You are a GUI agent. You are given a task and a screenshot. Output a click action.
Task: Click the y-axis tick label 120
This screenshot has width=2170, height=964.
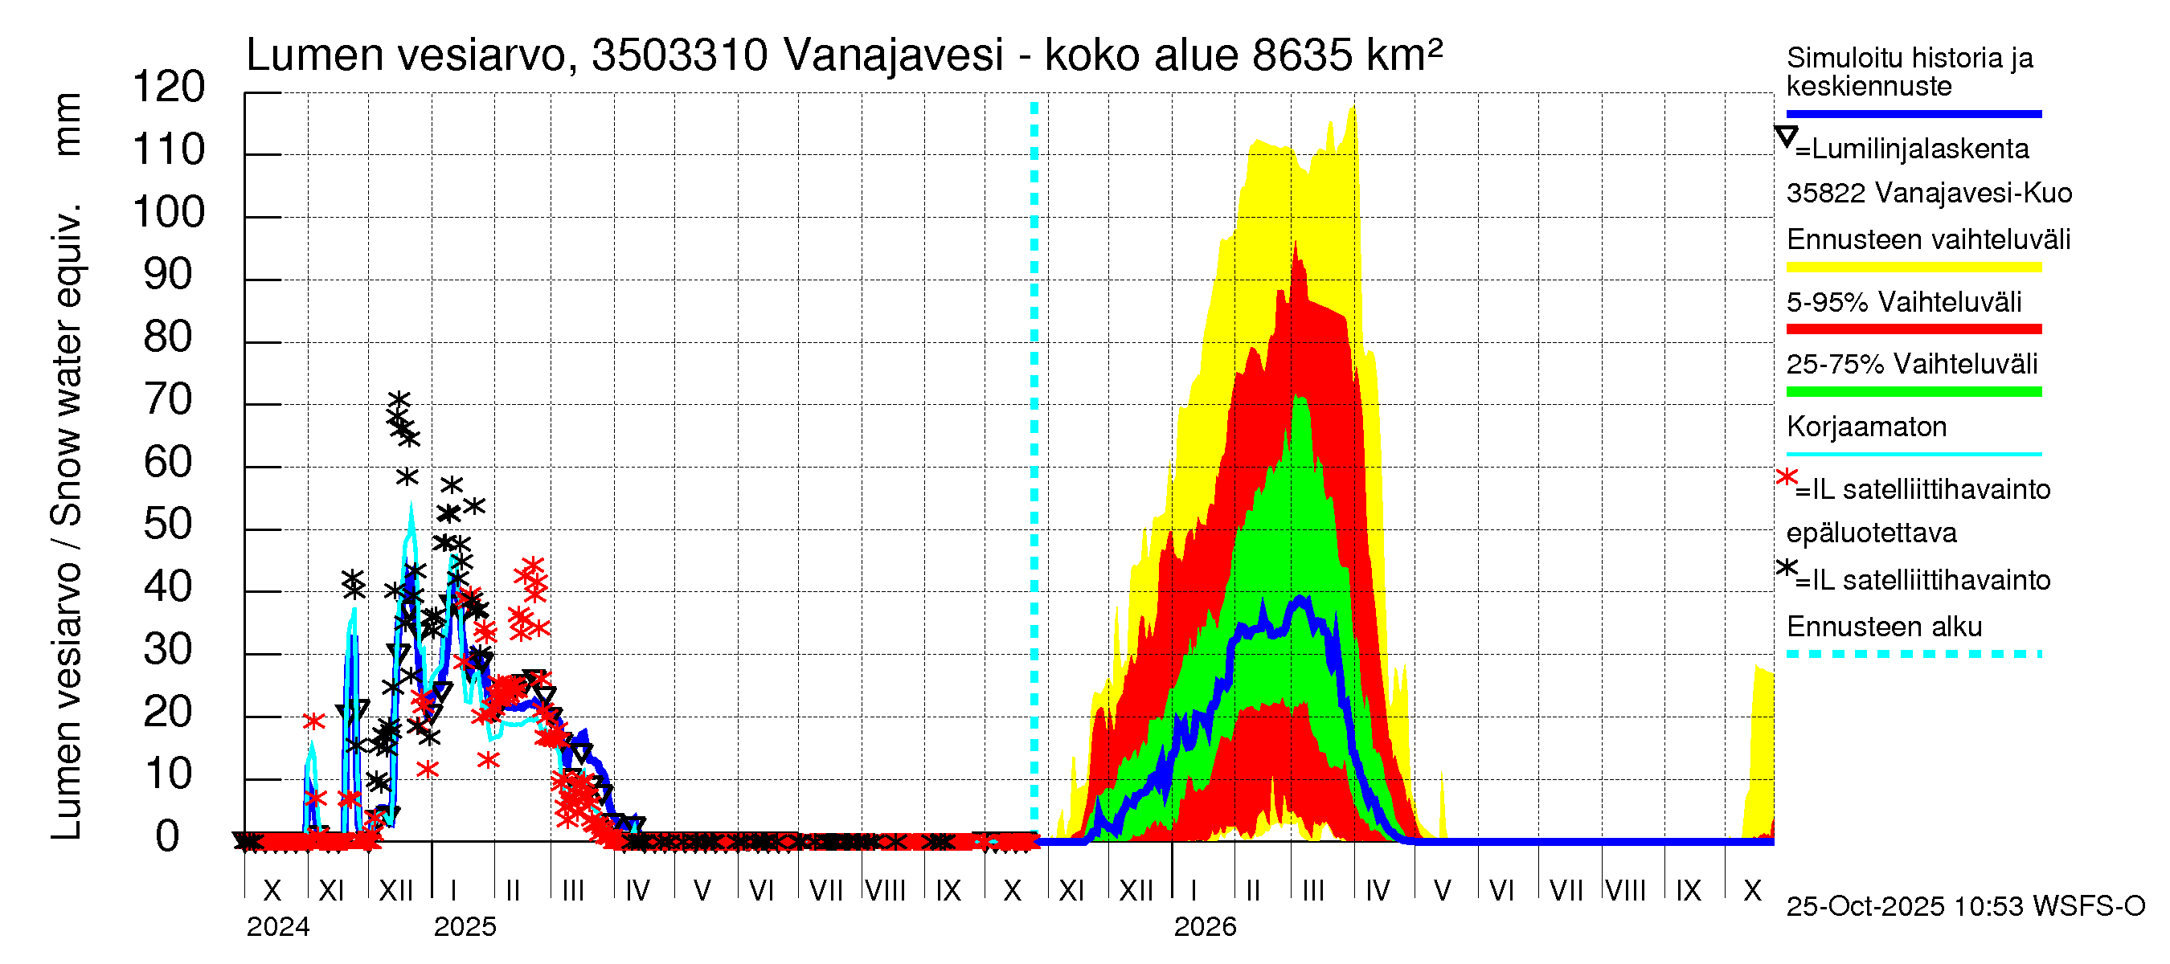click(x=169, y=88)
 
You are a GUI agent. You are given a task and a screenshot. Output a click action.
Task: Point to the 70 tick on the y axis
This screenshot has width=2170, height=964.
click(x=169, y=400)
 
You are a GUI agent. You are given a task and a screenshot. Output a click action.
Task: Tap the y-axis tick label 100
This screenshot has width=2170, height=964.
click(x=169, y=212)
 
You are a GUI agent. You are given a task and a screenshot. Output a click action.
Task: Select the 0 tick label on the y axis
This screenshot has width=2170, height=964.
click(x=168, y=837)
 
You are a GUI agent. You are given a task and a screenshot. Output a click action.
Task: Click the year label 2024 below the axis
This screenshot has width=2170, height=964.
click(x=278, y=927)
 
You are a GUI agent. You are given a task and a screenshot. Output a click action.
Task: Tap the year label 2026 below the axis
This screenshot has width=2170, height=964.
click(x=1205, y=927)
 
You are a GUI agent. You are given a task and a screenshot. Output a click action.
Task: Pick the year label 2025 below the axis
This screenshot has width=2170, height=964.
click(x=465, y=927)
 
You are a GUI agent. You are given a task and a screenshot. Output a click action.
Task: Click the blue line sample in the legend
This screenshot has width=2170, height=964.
click(x=1913, y=113)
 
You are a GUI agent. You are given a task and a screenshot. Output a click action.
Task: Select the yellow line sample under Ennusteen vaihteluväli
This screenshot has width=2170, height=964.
click(x=1913, y=268)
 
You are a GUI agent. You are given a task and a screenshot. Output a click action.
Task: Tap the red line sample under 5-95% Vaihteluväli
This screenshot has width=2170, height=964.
click(x=1913, y=329)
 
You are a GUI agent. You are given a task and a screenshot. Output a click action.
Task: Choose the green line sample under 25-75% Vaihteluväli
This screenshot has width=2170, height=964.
click(x=1913, y=391)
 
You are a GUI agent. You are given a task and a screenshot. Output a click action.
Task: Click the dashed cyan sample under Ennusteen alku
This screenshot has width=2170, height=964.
click(x=1913, y=654)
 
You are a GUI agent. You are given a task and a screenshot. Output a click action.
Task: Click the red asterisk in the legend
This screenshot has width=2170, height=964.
click(x=1786, y=477)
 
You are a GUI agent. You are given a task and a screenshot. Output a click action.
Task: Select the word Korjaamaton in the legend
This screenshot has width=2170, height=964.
click(x=1866, y=427)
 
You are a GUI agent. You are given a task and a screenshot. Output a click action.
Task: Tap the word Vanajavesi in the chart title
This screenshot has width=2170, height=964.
click(x=893, y=55)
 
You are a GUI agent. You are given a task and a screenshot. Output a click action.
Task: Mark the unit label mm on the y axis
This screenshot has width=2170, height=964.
click(x=68, y=125)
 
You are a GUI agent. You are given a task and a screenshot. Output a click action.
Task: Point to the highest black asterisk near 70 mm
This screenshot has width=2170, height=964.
click(x=399, y=400)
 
